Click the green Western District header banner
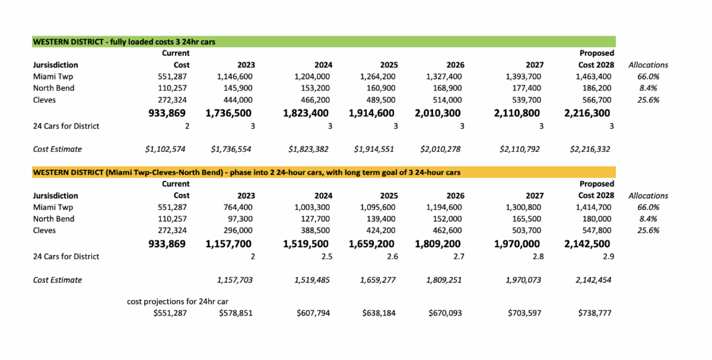[323, 42]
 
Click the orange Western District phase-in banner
[323, 172]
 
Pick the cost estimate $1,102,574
[166, 149]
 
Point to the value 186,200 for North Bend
[596, 88]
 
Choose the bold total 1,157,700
[228, 243]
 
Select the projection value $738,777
[595, 313]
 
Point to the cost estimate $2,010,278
[441, 149]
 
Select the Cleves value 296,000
[239, 231]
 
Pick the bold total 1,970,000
[517, 243]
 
